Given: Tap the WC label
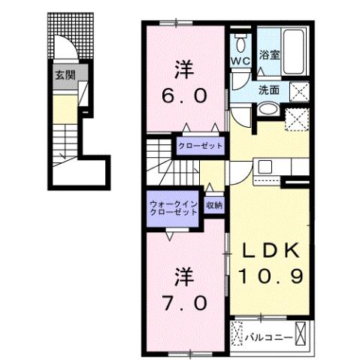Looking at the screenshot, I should (x=241, y=59).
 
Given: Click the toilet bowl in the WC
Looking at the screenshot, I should (x=241, y=41).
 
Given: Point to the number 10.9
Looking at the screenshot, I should (x=271, y=277).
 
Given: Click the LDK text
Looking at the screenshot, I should (x=271, y=250).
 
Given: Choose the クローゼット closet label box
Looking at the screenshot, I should (x=200, y=145).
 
